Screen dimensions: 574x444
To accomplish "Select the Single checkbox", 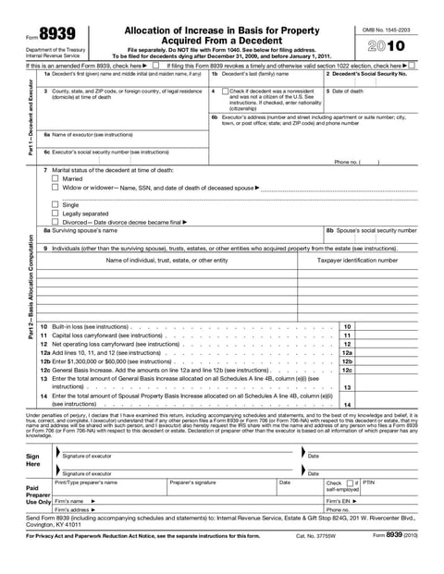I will (x=55, y=204).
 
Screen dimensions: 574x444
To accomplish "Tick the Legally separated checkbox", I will (x=55, y=213).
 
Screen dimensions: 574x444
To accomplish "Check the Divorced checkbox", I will (x=55, y=222).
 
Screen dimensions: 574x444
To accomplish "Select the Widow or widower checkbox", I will (x=55, y=187).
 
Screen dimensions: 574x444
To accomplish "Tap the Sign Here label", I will (x=33, y=460).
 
